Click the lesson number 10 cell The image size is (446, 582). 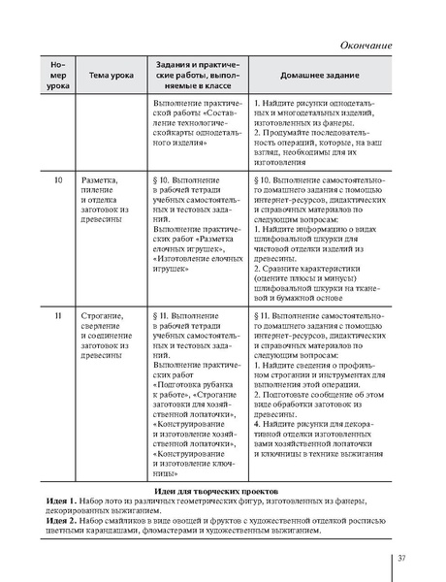click(58, 180)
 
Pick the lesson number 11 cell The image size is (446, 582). click(58, 316)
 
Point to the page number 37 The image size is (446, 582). click(401, 557)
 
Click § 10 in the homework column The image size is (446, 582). click(268, 180)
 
